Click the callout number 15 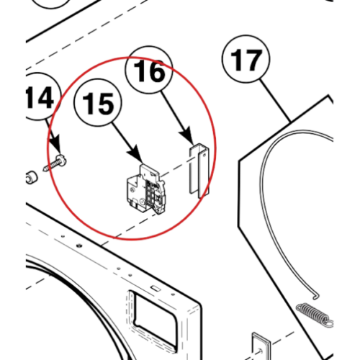pos(98,104)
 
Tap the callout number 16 pos(149,71)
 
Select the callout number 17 pos(246,60)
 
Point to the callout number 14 pos(40,97)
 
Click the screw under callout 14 pos(55,163)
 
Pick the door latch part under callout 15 pos(145,189)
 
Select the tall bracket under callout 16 pos(199,171)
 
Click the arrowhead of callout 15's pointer pos(136,154)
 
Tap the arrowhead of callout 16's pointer pos(188,136)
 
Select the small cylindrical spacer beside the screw pos(32,178)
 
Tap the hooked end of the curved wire pos(316,297)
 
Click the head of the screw pos(61,160)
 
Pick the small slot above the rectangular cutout pos(156,288)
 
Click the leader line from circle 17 pos(276,101)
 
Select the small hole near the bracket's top pos(204,155)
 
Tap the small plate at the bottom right pos(261,346)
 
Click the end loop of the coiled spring pos(329,323)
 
